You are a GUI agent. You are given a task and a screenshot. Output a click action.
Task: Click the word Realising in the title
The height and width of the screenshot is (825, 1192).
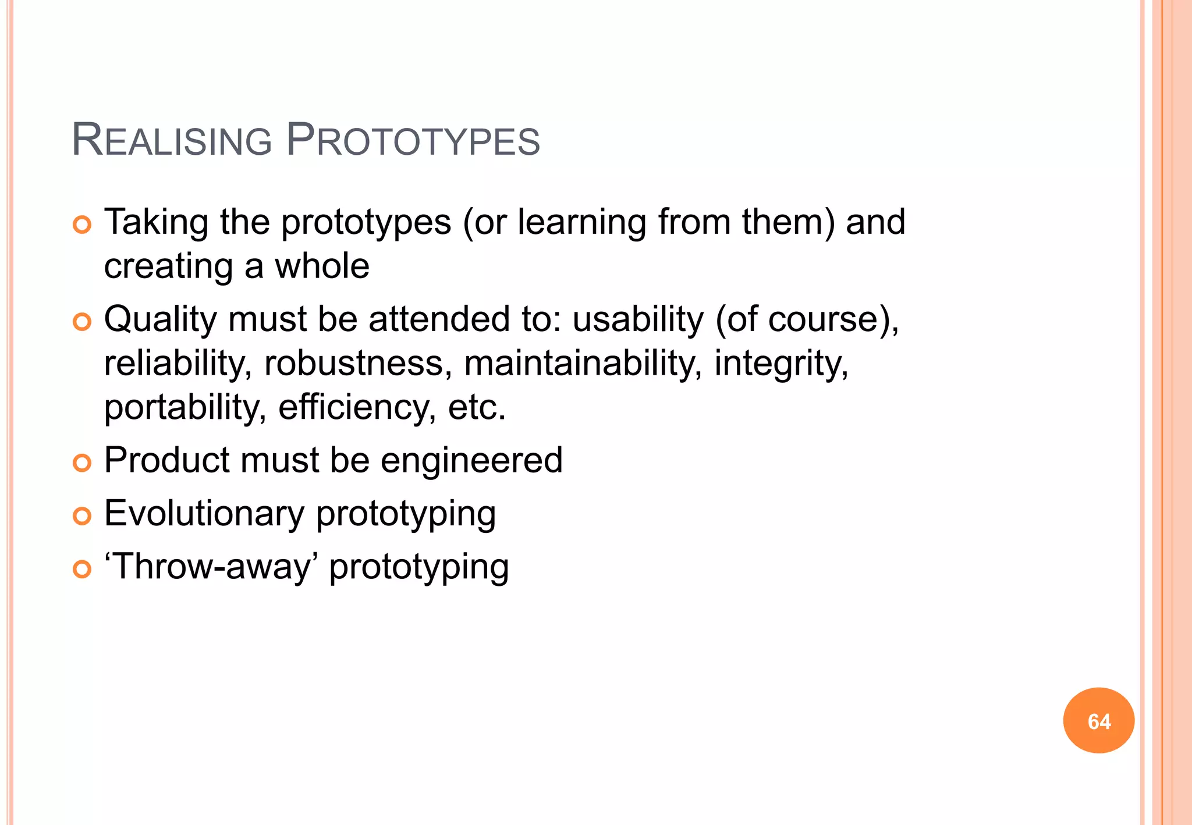(172, 141)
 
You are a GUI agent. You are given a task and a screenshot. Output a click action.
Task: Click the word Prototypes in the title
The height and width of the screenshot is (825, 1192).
(413, 141)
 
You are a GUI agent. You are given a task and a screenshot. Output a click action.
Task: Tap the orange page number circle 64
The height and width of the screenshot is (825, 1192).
(1098, 720)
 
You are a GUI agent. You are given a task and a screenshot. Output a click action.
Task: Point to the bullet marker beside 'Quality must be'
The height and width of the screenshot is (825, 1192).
(82, 322)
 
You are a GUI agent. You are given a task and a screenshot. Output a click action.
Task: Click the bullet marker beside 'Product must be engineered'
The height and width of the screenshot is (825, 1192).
(82, 463)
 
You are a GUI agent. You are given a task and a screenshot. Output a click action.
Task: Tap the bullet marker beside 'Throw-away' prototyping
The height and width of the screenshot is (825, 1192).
(82, 569)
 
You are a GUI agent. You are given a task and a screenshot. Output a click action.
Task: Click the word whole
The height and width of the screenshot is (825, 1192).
(322, 266)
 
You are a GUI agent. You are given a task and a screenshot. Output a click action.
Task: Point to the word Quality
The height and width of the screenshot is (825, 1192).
(159, 320)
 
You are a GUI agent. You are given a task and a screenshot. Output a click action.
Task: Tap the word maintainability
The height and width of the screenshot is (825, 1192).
(583, 364)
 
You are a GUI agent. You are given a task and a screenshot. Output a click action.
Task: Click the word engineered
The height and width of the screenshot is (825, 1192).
(471, 461)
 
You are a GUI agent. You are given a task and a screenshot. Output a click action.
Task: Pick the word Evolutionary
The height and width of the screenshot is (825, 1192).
(204, 514)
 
